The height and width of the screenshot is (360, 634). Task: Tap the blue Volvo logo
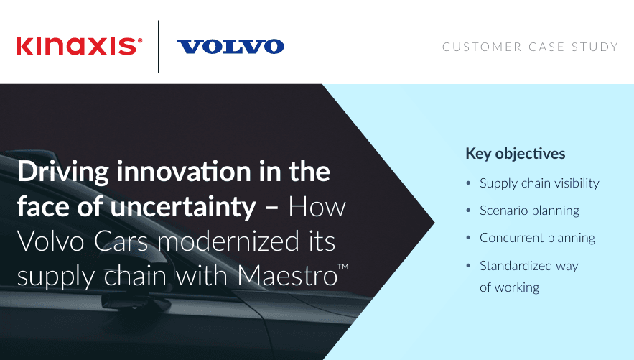pos(230,47)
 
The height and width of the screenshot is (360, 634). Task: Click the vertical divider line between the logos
pos(158,47)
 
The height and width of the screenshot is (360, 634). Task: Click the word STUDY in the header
pos(595,47)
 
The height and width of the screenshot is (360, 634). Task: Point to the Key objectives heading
pos(515,154)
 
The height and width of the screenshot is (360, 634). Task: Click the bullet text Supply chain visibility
pos(539,183)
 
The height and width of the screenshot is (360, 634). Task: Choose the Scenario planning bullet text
pos(529,211)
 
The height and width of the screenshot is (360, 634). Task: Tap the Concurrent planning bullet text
pos(537,238)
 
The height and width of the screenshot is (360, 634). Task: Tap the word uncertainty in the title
pos(183,207)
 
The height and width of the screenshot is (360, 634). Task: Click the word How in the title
pos(317,207)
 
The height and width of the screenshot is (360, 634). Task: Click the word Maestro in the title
pos(287,276)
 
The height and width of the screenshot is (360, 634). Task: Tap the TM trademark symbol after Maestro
pos(343,267)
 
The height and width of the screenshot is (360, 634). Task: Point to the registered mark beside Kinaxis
pos(140,40)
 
